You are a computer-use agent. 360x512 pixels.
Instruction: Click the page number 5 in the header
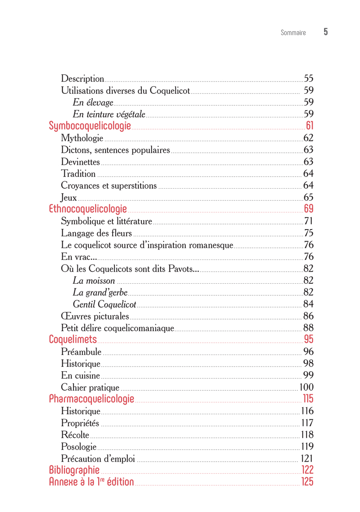click(325, 32)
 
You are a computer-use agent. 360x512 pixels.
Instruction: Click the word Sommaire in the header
click(293, 33)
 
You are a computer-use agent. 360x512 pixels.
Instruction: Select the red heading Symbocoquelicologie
click(90, 126)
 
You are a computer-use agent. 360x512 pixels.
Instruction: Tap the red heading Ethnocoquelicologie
click(88, 209)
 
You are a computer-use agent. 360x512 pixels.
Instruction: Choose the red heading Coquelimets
click(73, 340)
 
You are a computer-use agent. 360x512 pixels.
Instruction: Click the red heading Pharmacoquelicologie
click(92, 399)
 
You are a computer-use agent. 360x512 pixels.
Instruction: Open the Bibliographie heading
click(74, 470)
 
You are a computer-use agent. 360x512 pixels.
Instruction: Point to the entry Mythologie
click(82, 138)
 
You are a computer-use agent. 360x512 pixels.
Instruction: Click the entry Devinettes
click(80, 162)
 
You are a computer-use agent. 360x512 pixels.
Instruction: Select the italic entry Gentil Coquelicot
click(105, 304)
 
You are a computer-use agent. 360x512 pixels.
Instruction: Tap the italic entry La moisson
click(94, 281)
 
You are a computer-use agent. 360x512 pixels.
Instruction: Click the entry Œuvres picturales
click(95, 317)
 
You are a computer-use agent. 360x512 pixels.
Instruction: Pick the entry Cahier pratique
click(90, 388)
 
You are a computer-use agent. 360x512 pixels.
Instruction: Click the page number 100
click(306, 387)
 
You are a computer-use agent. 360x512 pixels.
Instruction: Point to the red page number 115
click(308, 399)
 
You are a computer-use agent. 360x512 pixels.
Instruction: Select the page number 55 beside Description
click(308, 79)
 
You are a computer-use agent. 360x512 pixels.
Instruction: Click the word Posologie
click(79, 447)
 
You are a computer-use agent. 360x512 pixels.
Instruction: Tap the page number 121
click(307, 459)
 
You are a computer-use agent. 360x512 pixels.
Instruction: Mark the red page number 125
click(307, 482)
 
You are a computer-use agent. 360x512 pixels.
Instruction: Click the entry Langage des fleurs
click(97, 233)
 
